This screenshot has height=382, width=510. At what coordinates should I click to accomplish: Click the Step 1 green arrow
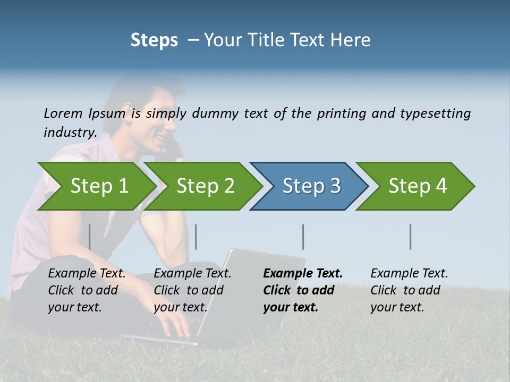[x=98, y=186]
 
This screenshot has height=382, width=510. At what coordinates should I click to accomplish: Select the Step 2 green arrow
[x=205, y=186]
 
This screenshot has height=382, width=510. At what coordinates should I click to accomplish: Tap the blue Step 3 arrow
[x=311, y=186]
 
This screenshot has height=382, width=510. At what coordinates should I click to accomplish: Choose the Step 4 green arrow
[x=417, y=186]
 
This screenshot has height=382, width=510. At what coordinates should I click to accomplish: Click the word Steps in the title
[x=154, y=40]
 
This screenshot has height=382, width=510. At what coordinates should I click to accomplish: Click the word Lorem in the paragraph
[x=63, y=113]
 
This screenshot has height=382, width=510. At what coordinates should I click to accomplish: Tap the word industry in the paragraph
[x=70, y=132]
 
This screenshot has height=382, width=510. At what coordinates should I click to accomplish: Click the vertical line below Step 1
[x=90, y=237]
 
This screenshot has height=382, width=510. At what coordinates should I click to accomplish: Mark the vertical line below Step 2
[x=196, y=237]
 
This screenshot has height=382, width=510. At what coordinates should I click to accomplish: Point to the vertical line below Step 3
[x=303, y=237]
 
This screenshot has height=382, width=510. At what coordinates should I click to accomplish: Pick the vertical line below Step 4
[x=410, y=237]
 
